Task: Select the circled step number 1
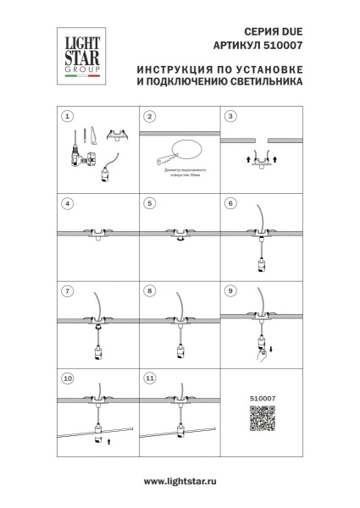click(x=69, y=116)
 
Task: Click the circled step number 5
click(x=149, y=203)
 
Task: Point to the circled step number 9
click(x=230, y=290)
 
